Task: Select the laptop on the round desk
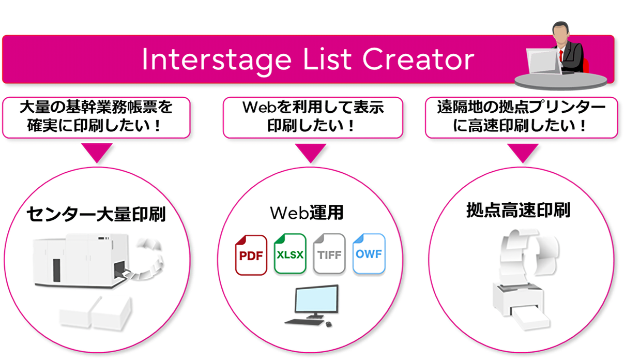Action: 543,62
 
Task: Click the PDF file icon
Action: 251,254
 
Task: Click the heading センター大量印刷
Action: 96,214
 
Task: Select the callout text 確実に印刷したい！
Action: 96,126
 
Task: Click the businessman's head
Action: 561,33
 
